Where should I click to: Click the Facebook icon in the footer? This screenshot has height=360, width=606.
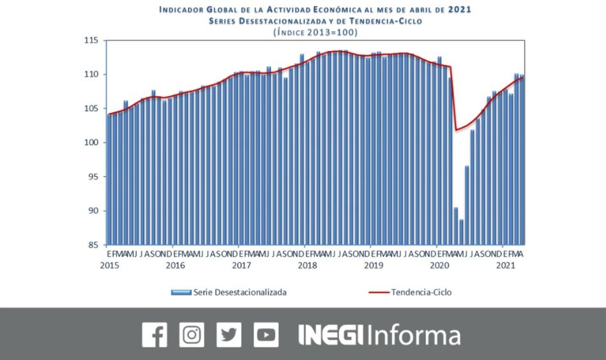click(154, 334)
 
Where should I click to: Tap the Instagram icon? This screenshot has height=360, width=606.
click(192, 334)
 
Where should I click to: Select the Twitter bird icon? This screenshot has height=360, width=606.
click(229, 334)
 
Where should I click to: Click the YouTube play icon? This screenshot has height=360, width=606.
click(266, 334)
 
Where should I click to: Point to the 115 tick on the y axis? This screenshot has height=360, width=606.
click(93, 41)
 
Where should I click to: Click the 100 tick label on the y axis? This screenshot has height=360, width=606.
click(93, 143)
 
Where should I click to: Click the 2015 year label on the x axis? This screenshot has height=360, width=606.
click(109, 265)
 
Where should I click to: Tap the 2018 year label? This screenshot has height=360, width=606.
click(307, 265)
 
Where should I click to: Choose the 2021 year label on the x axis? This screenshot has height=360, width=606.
click(506, 265)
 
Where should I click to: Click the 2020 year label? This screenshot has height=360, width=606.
click(439, 265)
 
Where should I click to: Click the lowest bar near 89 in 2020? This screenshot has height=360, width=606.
click(461, 232)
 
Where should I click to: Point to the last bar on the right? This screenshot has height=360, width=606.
click(522, 160)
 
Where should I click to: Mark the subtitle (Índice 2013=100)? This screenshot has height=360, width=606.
click(315, 32)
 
